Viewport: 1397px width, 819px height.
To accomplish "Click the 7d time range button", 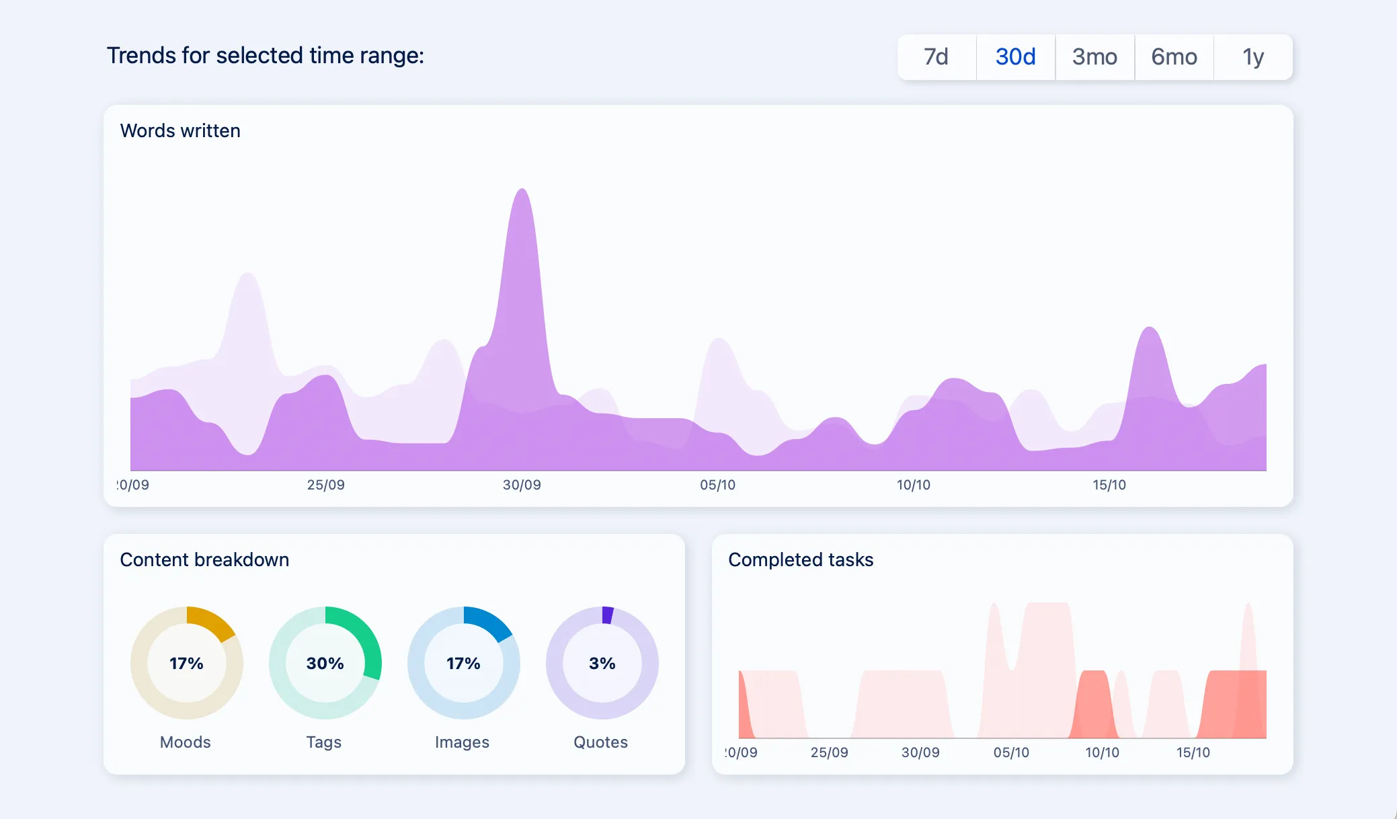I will tap(936, 57).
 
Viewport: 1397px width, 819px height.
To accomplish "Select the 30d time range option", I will tap(1015, 57).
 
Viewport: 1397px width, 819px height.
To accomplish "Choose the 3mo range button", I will tap(1094, 57).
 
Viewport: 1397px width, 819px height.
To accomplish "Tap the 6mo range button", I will tap(1174, 57).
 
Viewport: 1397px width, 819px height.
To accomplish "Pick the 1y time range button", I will tap(1253, 57).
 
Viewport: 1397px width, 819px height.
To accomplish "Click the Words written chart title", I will tap(180, 130).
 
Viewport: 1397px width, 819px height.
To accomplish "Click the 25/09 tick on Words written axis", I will tap(325, 485).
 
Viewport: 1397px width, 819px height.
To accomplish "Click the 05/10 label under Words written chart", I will tap(717, 485).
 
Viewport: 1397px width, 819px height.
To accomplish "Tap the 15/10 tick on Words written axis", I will tap(1109, 485).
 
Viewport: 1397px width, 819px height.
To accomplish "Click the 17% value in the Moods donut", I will tap(186, 664).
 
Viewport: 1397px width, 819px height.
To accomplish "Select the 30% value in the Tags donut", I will tap(325, 664).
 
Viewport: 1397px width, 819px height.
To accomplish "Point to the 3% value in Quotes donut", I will tap(602, 664).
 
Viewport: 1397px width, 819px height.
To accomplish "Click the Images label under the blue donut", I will tap(462, 742).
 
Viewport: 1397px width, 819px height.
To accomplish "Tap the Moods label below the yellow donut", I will tap(185, 742).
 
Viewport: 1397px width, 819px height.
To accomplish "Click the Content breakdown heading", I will tap(204, 559).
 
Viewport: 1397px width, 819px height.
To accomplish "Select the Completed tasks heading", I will tap(801, 559).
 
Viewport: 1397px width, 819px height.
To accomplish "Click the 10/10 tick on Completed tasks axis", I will tap(1102, 752).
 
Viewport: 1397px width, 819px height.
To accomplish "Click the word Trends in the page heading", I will tap(142, 55).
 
